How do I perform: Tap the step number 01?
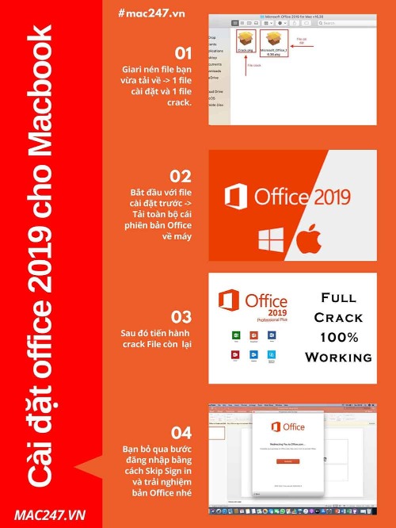point(183,54)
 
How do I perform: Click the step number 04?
point(181,433)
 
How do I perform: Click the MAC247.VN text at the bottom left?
point(49,515)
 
